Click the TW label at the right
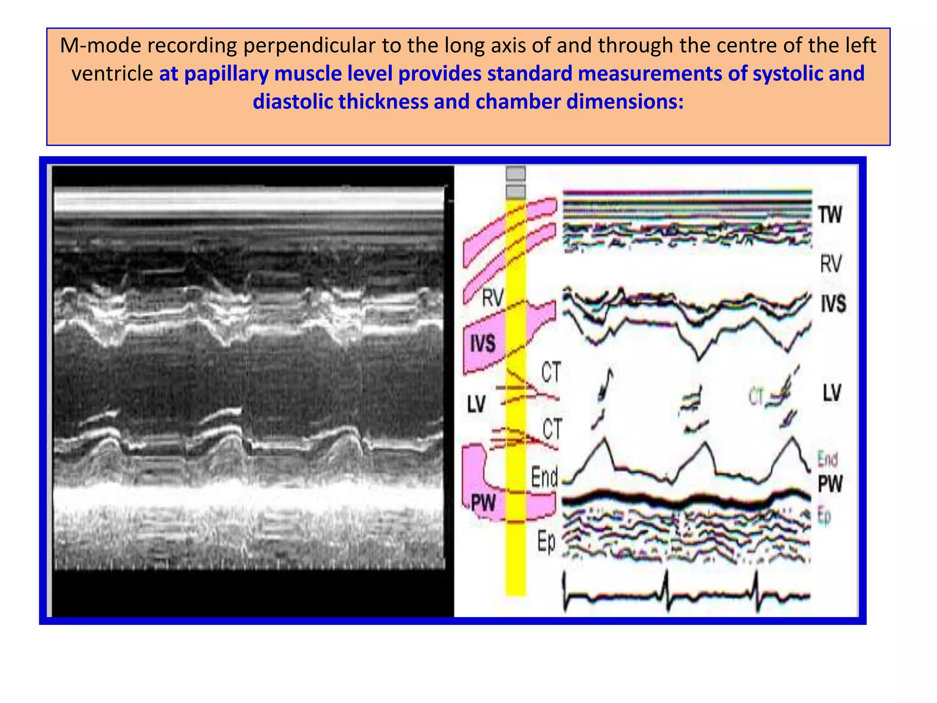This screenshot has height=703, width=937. pyautogui.click(x=830, y=215)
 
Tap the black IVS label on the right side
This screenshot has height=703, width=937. pyautogui.click(x=833, y=304)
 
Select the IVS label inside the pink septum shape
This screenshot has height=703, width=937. pyautogui.click(x=483, y=343)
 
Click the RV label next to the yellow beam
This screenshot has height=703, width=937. pyautogui.click(x=493, y=298)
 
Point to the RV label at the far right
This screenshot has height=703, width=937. pyautogui.click(x=830, y=264)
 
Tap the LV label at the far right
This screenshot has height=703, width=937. pyautogui.click(x=832, y=393)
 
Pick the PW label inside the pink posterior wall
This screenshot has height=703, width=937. pyautogui.click(x=483, y=503)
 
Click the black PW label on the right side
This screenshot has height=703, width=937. pyautogui.click(x=830, y=484)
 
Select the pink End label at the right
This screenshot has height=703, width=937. pyautogui.click(x=828, y=459)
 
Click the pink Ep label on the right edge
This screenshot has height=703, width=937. pyautogui.click(x=824, y=516)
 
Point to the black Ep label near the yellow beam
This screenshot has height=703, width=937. pyautogui.click(x=546, y=542)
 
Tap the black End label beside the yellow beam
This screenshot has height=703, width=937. pyautogui.click(x=544, y=477)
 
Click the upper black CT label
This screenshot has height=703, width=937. pyautogui.click(x=551, y=372)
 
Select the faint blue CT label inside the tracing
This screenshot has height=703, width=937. pyautogui.click(x=756, y=396)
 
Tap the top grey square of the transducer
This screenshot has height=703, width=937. pyautogui.click(x=516, y=173)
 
